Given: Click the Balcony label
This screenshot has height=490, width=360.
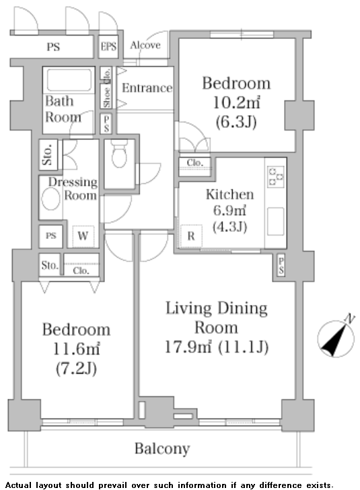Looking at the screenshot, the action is (162, 449).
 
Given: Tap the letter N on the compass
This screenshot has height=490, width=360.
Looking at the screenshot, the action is (350, 319).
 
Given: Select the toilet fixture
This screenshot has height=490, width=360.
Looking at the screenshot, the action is (119, 153).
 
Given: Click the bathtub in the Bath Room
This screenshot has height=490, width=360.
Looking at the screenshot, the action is (69, 79).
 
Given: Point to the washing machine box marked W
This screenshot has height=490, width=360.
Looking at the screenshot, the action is (83, 236).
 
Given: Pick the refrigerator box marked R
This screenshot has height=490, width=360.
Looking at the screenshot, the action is (191, 236).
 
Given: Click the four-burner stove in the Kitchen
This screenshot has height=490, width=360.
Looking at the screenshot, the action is (277, 176).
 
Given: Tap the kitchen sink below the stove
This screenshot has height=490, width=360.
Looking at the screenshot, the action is (276, 221).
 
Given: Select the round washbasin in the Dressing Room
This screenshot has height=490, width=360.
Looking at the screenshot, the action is (50, 199).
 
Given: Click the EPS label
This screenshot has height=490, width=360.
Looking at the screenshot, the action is (108, 46).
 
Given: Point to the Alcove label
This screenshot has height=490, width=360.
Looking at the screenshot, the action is (145, 45).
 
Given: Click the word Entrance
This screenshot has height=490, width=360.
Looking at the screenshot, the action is (147, 87).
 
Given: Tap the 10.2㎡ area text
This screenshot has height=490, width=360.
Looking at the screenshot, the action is (236, 102).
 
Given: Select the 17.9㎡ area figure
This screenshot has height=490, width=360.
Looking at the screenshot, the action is (188, 347).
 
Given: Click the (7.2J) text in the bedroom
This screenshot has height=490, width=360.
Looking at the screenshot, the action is (76, 368).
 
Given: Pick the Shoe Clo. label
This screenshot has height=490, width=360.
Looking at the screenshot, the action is (107, 88).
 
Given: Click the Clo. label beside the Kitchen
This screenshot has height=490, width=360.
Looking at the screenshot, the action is (194, 163).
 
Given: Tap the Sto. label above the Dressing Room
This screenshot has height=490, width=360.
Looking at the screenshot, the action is (48, 155).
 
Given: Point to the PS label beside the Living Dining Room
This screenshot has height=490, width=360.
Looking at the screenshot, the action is (281, 265).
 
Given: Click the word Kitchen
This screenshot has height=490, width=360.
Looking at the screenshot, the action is (229, 195).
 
